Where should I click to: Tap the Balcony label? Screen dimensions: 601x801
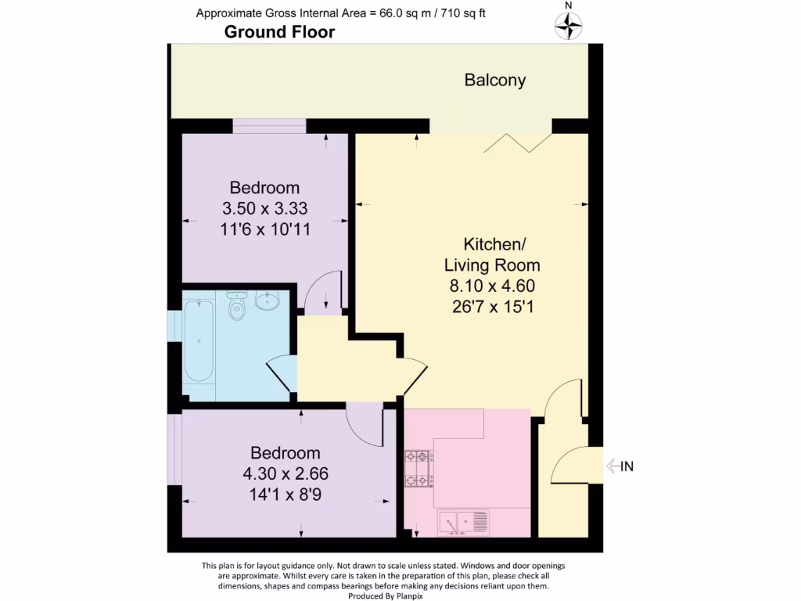pos(494,80)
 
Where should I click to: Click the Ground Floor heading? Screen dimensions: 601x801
pos(279,32)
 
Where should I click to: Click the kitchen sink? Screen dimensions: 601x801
pos(464,520)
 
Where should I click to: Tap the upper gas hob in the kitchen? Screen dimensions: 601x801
pos(418,456)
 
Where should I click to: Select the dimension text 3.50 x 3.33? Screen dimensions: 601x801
pos(264,208)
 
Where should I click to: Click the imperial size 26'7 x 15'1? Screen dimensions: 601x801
pos(491,306)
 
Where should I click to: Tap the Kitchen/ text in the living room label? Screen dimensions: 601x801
pos(491,243)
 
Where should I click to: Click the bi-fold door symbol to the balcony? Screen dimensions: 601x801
pos(519,142)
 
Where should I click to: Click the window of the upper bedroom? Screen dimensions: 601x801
pos(269,126)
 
